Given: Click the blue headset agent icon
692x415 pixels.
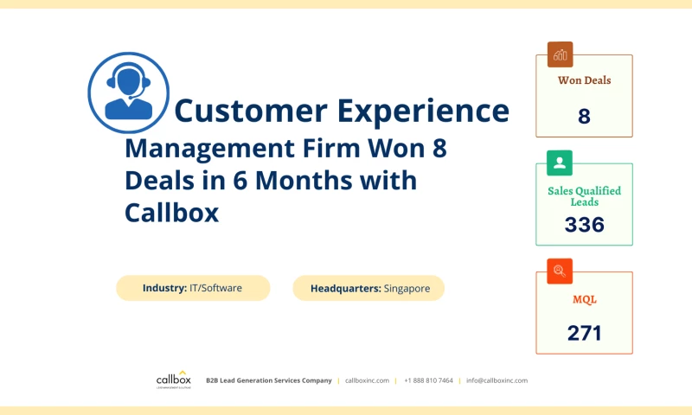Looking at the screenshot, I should click(128, 92).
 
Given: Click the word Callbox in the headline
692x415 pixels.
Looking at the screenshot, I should click(172, 212).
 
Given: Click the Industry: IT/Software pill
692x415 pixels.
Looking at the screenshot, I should click(193, 288).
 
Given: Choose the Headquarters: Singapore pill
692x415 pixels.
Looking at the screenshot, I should click(368, 288).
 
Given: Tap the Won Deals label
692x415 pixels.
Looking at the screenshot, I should click(584, 80).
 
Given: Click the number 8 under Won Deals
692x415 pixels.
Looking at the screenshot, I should click(584, 116).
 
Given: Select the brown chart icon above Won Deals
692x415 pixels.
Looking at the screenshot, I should click(560, 54).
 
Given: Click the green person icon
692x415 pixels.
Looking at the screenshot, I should click(560, 163).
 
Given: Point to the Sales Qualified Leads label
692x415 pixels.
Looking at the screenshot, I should click(584, 196).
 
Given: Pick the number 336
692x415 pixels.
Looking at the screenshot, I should click(584, 225).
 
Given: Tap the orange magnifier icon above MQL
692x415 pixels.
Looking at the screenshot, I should click(560, 271).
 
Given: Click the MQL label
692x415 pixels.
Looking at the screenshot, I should click(584, 299).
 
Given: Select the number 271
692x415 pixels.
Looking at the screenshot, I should click(584, 333).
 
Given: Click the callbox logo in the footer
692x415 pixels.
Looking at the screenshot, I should click(174, 380).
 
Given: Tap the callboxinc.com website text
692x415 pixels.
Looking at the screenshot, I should click(367, 380).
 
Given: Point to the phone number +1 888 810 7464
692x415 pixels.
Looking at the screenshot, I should click(428, 380).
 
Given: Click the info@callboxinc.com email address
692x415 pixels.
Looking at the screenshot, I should click(497, 380).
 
